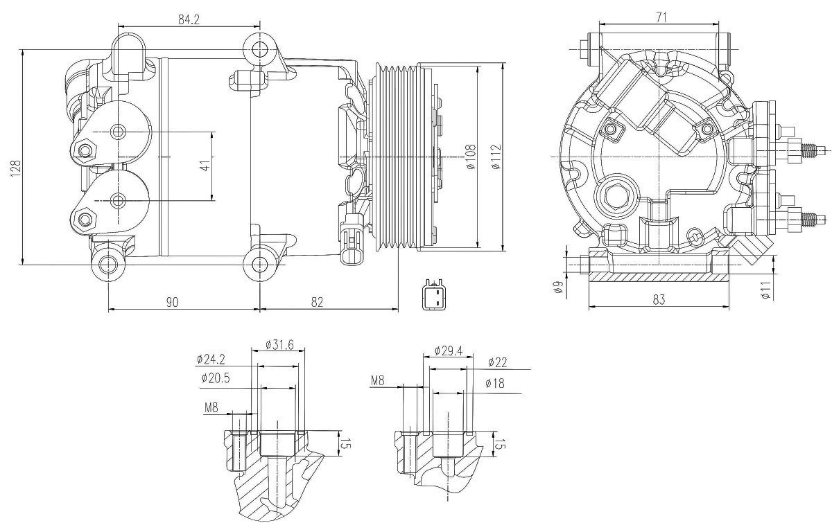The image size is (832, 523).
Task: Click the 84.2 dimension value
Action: [x=189, y=19]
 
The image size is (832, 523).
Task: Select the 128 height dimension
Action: [x=15, y=168]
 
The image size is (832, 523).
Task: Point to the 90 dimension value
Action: [x=172, y=302]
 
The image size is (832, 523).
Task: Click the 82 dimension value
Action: [x=317, y=302]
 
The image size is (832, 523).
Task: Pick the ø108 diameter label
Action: [x=470, y=157]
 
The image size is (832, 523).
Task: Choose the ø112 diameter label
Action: [x=496, y=157]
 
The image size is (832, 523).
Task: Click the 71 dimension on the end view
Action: [x=661, y=17]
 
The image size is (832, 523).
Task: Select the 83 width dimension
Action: [x=659, y=299]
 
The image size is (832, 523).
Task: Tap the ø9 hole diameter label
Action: [x=557, y=287]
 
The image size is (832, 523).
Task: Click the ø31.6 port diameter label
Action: [x=279, y=345]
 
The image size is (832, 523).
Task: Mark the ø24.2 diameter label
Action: [x=211, y=360]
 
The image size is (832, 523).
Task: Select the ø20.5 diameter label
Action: [x=216, y=378]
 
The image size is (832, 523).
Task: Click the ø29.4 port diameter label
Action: [x=449, y=351]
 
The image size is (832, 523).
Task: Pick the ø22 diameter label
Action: [x=497, y=362]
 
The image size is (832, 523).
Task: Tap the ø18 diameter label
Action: [x=495, y=383]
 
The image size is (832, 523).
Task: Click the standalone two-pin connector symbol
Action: [x=433, y=295]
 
